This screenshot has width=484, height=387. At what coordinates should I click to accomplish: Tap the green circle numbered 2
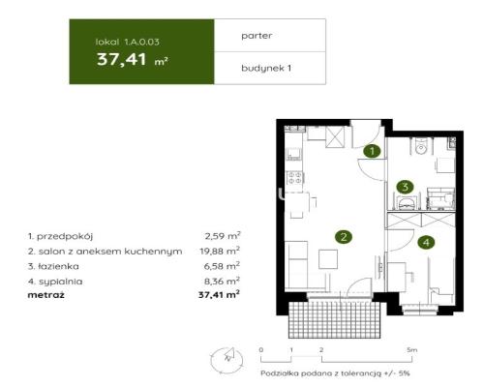[x=342, y=236]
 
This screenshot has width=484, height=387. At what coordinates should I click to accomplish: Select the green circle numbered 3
[x=406, y=188]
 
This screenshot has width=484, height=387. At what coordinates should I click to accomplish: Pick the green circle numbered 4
[x=427, y=243]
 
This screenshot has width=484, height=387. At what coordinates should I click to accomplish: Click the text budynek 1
[x=265, y=68]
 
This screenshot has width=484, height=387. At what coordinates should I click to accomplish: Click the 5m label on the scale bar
[x=411, y=349]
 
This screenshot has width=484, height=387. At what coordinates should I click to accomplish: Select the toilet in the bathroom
[x=422, y=147]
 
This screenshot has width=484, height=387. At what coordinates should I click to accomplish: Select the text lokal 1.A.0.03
[x=123, y=43]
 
